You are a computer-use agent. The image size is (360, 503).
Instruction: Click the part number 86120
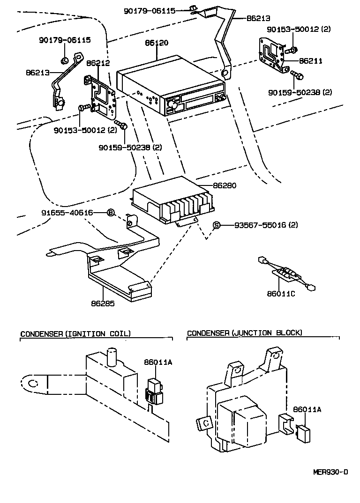click(157, 43)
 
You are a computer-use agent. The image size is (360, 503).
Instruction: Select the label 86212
click(98, 62)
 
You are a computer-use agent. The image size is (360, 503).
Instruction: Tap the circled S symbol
click(217, 225)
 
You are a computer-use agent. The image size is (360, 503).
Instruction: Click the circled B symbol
click(111, 213)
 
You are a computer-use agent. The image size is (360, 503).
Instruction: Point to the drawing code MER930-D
click(330, 472)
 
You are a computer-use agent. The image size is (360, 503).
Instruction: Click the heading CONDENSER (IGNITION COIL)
click(75, 333)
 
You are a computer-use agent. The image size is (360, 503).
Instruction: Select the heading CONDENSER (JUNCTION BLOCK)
click(244, 333)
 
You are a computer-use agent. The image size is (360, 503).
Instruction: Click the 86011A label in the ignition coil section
click(157, 362)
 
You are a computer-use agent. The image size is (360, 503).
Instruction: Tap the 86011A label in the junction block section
click(307, 409)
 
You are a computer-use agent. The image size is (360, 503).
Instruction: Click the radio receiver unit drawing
click(171, 87)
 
